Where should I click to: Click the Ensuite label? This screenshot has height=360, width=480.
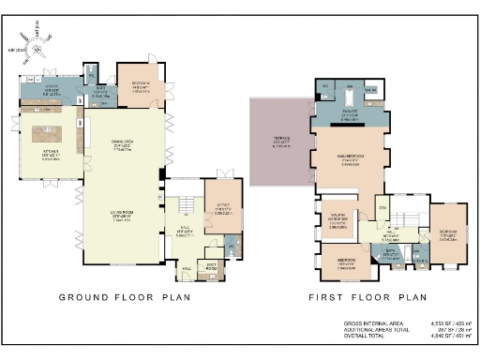coord(349,114)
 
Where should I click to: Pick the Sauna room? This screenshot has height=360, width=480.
coord(370,90)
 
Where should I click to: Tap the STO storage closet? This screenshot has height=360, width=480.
coord(382,206)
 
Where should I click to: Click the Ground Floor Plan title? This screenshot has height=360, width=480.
coord(125,297)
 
